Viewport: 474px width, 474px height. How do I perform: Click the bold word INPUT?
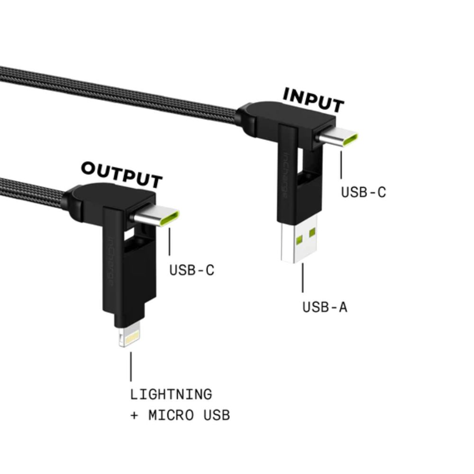(x=313, y=100)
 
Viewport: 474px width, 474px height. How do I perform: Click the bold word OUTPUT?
(x=122, y=174)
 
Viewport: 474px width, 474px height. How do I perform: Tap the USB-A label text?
(x=325, y=307)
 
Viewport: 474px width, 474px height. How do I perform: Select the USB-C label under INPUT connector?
(x=364, y=192)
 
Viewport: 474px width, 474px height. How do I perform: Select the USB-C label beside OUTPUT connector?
(x=192, y=270)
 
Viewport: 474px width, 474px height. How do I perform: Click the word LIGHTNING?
(x=171, y=394)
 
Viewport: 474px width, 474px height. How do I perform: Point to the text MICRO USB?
(x=189, y=416)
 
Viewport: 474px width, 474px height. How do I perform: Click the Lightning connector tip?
(x=128, y=337)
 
